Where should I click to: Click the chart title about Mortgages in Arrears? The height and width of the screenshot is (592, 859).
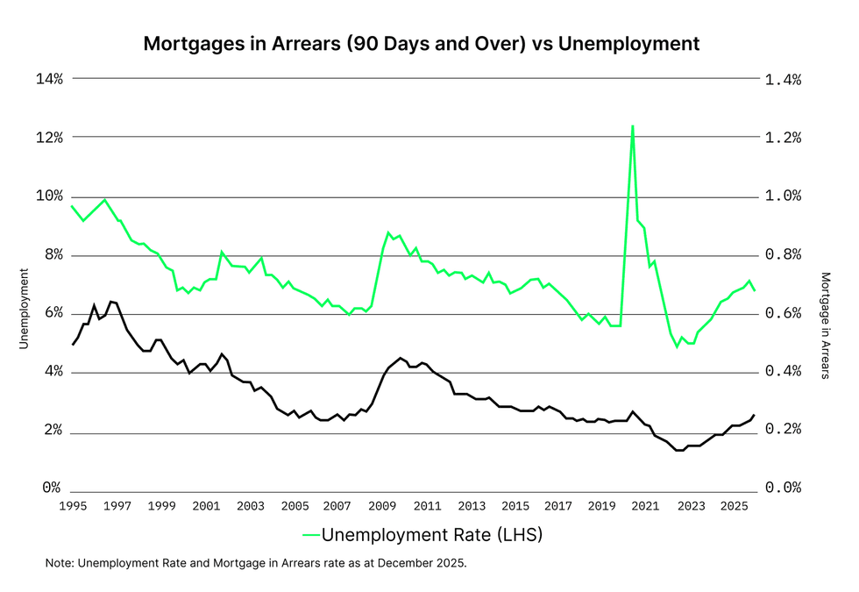pyautogui.click(x=421, y=43)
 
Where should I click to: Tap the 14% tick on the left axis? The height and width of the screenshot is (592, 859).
pyautogui.click(x=49, y=79)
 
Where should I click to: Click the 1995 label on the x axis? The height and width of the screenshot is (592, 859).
pyautogui.click(x=72, y=506)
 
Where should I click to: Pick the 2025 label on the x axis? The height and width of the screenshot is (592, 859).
pyautogui.click(x=735, y=506)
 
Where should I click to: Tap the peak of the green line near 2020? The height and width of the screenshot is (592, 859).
pyautogui.click(x=632, y=126)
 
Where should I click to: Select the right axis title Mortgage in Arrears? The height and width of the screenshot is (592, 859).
pyautogui.click(x=825, y=325)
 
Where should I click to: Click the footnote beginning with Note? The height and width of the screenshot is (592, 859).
pyautogui.click(x=256, y=563)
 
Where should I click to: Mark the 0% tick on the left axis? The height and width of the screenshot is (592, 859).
pyautogui.click(x=52, y=489)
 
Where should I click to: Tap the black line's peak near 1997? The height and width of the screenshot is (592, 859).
pyautogui.click(x=110, y=302)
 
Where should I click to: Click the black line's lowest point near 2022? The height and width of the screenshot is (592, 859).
pyautogui.click(x=678, y=450)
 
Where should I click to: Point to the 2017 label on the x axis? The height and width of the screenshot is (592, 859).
pyautogui.click(x=558, y=506)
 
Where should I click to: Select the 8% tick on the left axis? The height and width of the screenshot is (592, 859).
pyautogui.click(x=52, y=254)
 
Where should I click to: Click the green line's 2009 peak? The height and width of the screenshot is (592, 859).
pyautogui.click(x=388, y=232)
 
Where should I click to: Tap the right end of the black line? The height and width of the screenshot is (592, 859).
pyautogui.click(x=754, y=415)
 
